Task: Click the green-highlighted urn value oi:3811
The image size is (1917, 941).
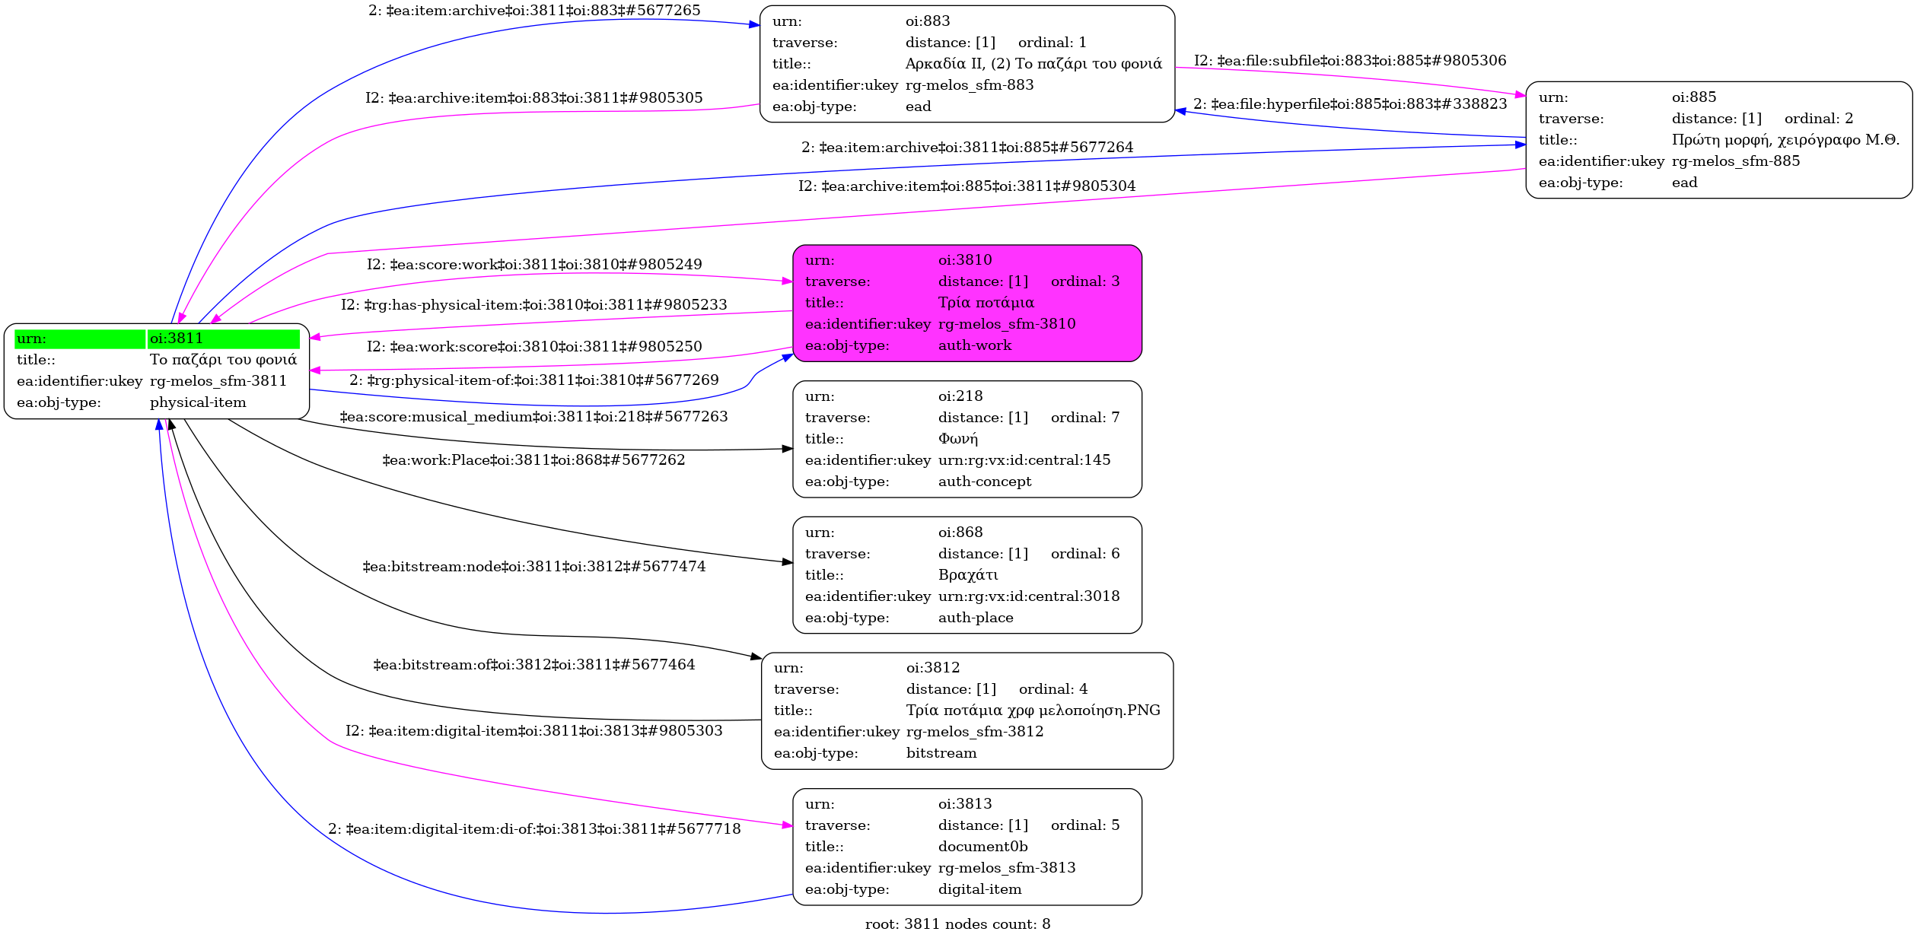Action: point(177,339)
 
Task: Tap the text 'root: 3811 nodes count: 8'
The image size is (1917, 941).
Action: point(957,924)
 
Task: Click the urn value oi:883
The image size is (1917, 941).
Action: point(928,21)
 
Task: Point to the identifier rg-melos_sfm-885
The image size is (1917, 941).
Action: point(1735,161)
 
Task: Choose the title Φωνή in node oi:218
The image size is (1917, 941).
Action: point(957,439)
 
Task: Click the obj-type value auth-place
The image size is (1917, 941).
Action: point(976,618)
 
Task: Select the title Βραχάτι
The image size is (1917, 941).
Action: point(967,575)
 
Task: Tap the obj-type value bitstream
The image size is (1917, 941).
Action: point(941,753)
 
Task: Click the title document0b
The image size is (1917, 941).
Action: point(982,847)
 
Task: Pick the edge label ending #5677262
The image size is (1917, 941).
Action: point(533,460)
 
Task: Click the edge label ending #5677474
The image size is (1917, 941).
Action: point(533,567)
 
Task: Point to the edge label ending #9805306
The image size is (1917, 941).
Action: point(1349,61)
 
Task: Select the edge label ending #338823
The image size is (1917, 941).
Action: point(1349,104)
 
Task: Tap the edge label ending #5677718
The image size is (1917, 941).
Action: point(534,829)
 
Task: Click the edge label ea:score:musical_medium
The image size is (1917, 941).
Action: point(533,417)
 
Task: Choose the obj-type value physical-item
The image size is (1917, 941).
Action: point(198,402)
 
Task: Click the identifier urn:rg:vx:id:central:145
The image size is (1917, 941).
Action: point(1024,460)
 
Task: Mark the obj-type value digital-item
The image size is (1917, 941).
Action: point(979,889)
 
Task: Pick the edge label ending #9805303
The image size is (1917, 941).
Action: point(533,731)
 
